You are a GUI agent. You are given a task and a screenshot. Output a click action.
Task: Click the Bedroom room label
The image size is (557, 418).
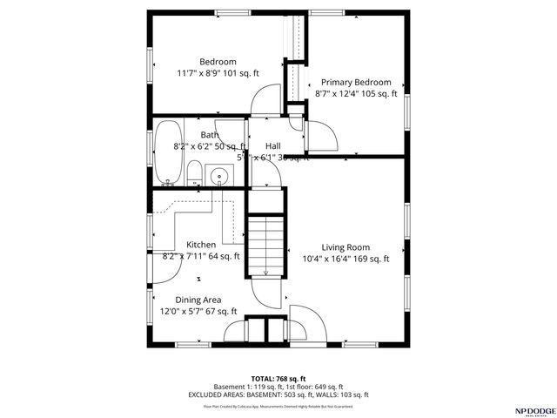pyautogui.click(x=218, y=62)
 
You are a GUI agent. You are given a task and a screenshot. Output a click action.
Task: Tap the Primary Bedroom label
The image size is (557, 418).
pyautogui.click(x=355, y=81)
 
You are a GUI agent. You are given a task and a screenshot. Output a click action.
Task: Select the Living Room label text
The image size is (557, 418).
pyautogui.click(x=346, y=246)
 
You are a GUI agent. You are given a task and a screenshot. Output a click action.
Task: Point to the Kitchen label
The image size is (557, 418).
pyautogui.click(x=200, y=245)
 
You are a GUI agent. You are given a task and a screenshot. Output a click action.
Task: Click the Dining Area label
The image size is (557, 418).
pyautogui.click(x=198, y=300)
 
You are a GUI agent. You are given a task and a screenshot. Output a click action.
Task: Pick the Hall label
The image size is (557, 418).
pyautogui.click(x=273, y=146)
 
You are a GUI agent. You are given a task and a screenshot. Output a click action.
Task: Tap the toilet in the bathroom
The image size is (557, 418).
pyautogui.click(x=196, y=173)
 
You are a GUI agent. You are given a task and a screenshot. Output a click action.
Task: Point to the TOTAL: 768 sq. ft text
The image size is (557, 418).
pyautogui.click(x=278, y=377)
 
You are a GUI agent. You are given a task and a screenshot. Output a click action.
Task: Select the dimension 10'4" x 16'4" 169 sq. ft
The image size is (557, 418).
pyautogui.click(x=346, y=259)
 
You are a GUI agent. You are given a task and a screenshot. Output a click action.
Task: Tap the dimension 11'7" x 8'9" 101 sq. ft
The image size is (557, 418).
pyautogui.click(x=218, y=74)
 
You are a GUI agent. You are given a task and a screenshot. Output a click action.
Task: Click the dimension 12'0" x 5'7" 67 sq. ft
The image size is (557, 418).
pyautogui.click(x=198, y=311)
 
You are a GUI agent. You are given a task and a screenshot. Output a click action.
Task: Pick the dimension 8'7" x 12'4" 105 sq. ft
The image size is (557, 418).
pyautogui.click(x=355, y=93)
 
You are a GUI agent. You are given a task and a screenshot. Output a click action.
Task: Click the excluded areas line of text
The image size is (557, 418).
pyautogui.click(x=278, y=394)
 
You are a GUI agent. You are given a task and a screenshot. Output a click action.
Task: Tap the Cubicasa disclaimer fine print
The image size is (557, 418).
pyautogui.click(x=278, y=406)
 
